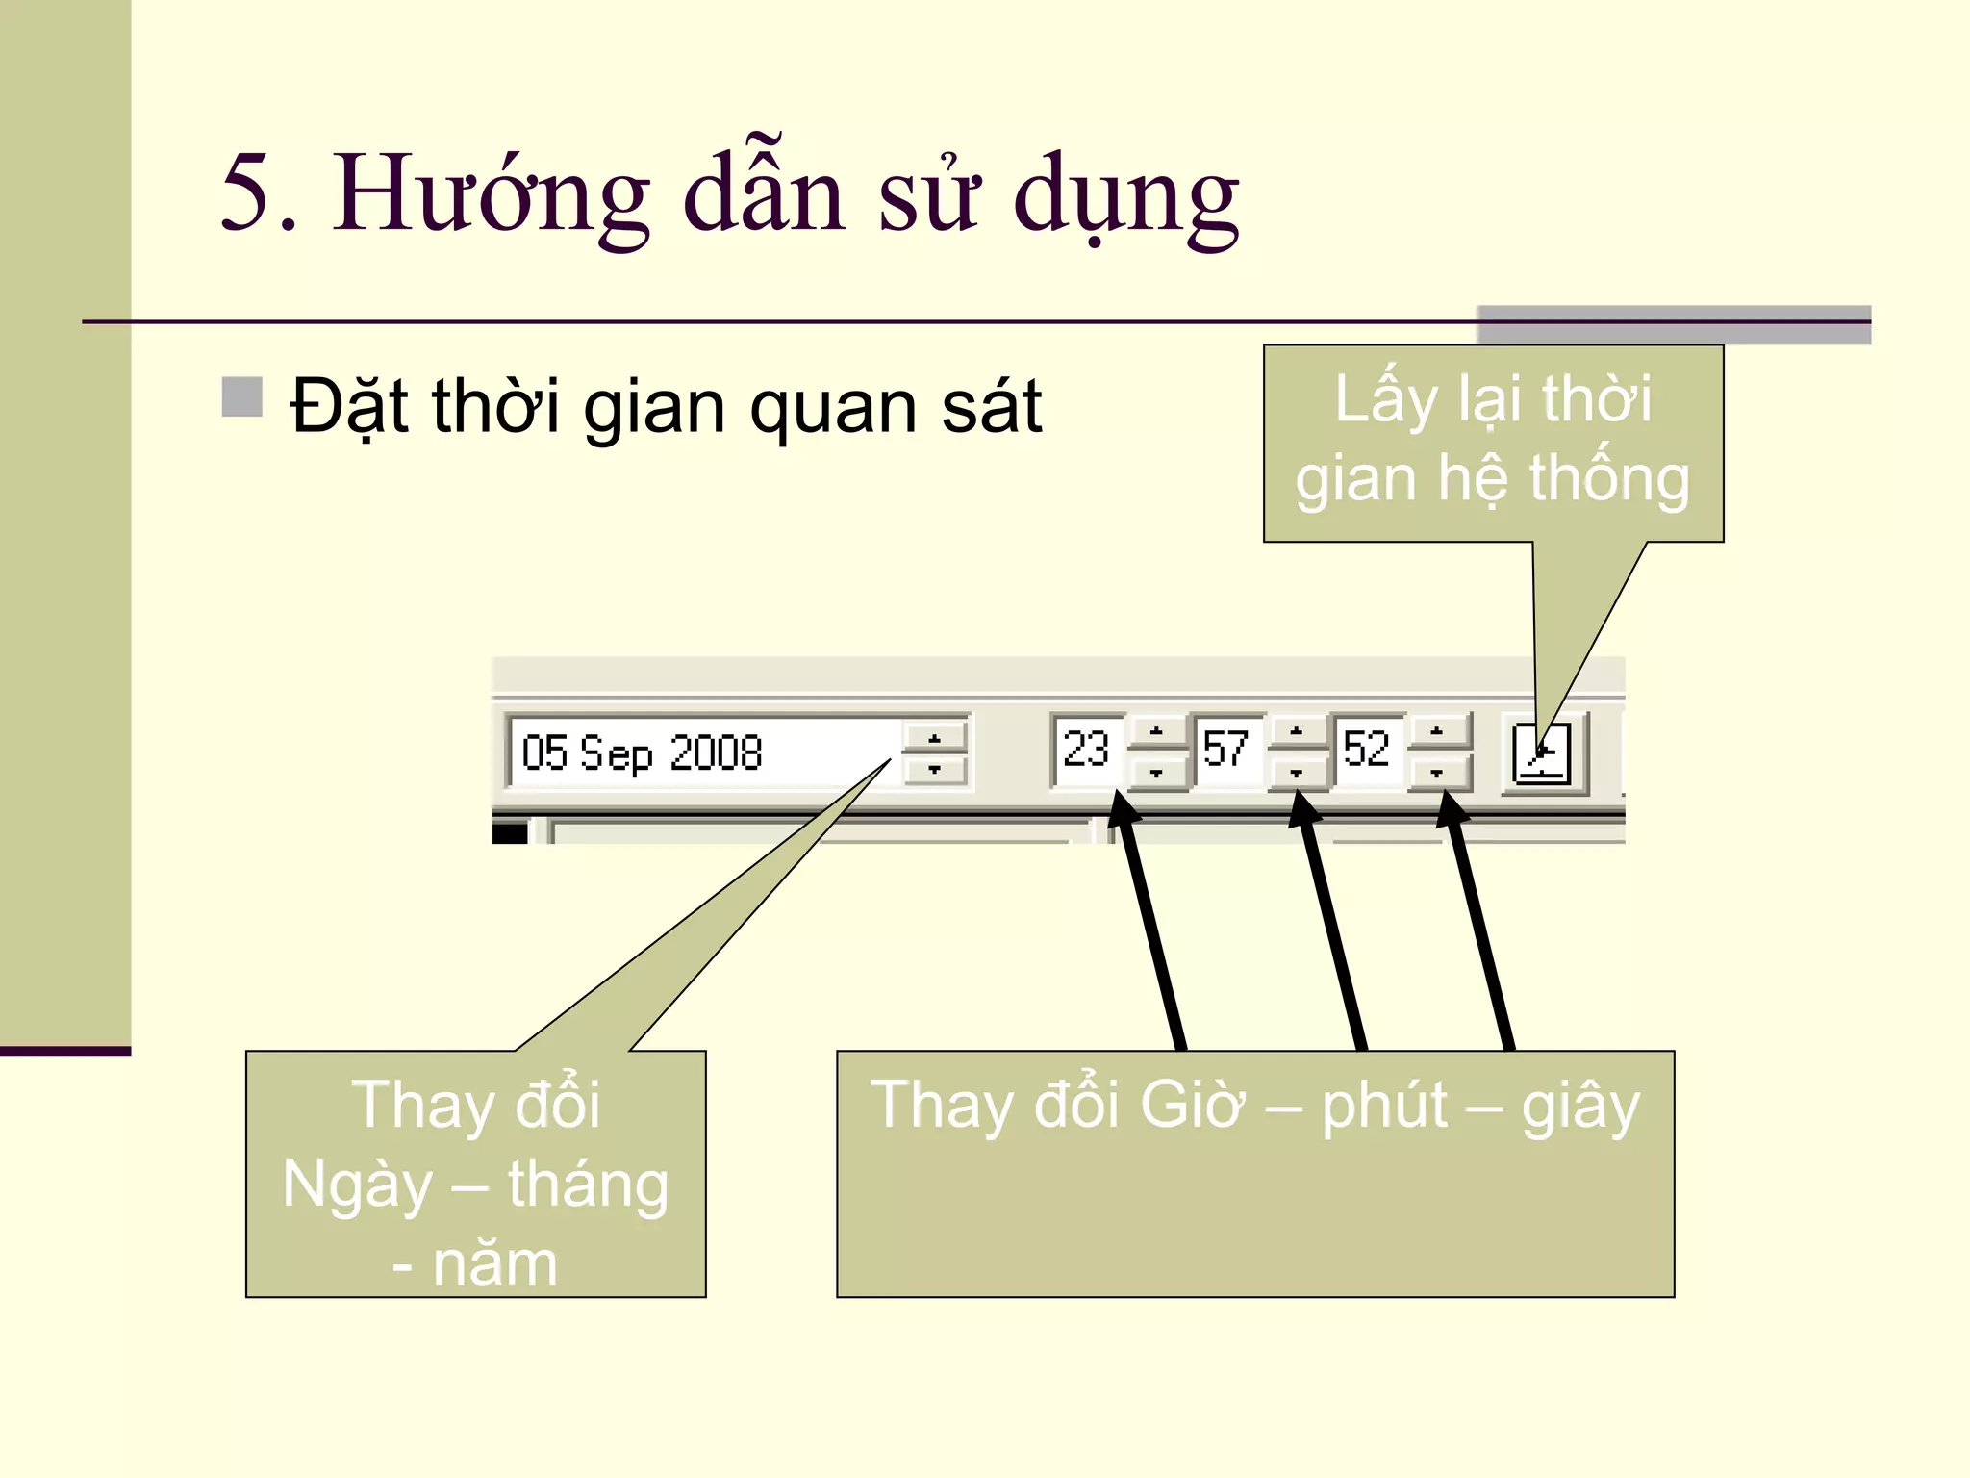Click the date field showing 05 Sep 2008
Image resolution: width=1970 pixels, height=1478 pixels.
(702, 752)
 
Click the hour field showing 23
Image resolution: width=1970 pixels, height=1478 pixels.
(1087, 750)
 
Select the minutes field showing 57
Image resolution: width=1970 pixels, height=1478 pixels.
(1225, 750)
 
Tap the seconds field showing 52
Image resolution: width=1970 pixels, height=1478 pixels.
(1366, 750)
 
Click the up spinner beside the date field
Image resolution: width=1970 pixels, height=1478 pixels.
(934, 738)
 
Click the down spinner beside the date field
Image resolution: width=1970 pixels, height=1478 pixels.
(934, 770)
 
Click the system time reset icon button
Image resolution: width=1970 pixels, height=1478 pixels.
(1542, 753)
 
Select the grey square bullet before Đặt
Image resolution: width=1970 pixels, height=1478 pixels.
(242, 397)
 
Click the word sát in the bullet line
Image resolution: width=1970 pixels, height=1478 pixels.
(992, 406)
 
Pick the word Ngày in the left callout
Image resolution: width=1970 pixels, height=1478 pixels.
(357, 1185)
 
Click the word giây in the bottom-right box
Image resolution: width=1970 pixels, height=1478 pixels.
(1579, 1107)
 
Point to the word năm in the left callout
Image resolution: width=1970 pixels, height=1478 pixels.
(494, 1263)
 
